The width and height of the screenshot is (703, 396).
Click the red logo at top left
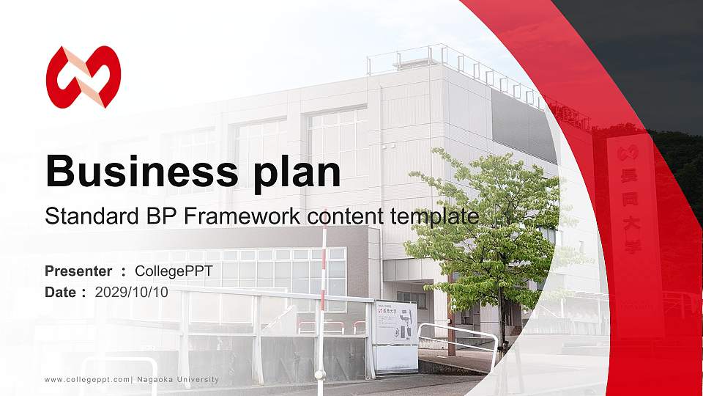(x=83, y=76)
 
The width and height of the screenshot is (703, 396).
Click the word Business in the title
(x=137, y=171)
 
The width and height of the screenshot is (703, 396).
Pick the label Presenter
(x=78, y=271)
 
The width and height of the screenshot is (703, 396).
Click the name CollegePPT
(x=174, y=271)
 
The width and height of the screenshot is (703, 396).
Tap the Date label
(x=61, y=292)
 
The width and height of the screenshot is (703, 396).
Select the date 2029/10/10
(x=132, y=292)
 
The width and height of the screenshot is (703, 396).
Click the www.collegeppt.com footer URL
(x=87, y=379)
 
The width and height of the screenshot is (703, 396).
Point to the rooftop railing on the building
(x=439, y=59)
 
